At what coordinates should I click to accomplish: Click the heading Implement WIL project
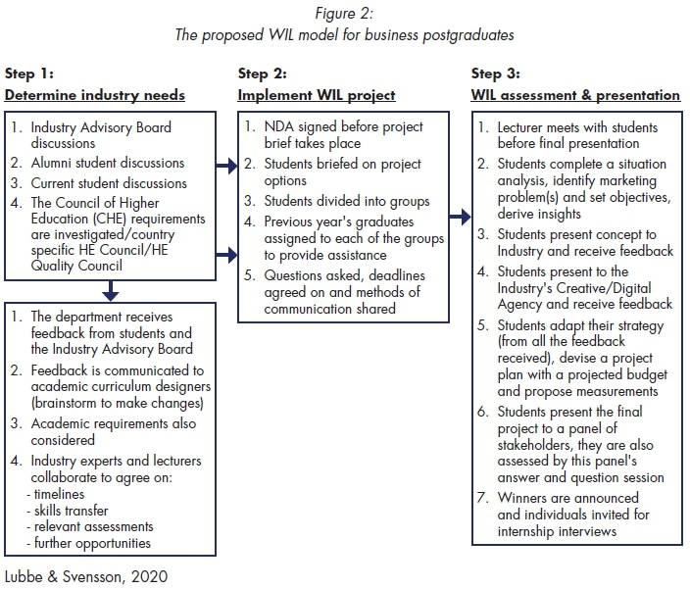(317, 95)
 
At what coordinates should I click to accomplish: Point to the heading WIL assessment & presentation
(575, 95)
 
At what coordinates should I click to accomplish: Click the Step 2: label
(263, 74)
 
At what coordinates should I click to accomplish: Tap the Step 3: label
(496, 74)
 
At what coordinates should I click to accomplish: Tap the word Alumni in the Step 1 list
(52, 163)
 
